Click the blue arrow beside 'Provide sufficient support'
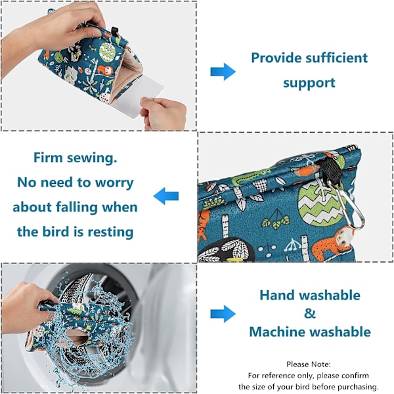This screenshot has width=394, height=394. pyautogui.click(x=223, y=72)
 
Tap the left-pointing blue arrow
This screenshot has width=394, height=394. pyautogui.click(x=166, y=196)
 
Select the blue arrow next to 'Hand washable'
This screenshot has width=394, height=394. pyautogui.click(x=223, y=314)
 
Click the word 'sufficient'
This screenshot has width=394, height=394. pyautogui.click(x=336, y=58)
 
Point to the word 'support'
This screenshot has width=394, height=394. pyautogui.click(x=309, y=83)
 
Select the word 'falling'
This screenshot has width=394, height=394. pyautogui.click(x=76, y=207)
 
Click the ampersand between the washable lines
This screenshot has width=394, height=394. pyautogui.click(x=309, y=313)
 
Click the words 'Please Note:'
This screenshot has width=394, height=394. pyautogui.click(x=309, y=364)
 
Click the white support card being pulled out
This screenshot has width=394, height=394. pyautogui.click(x=138, y=97)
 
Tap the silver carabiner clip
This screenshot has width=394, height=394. pyautogui.click(x=347, y=204)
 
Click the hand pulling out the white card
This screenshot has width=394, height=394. pyautogui.click(x=164, y=113)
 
